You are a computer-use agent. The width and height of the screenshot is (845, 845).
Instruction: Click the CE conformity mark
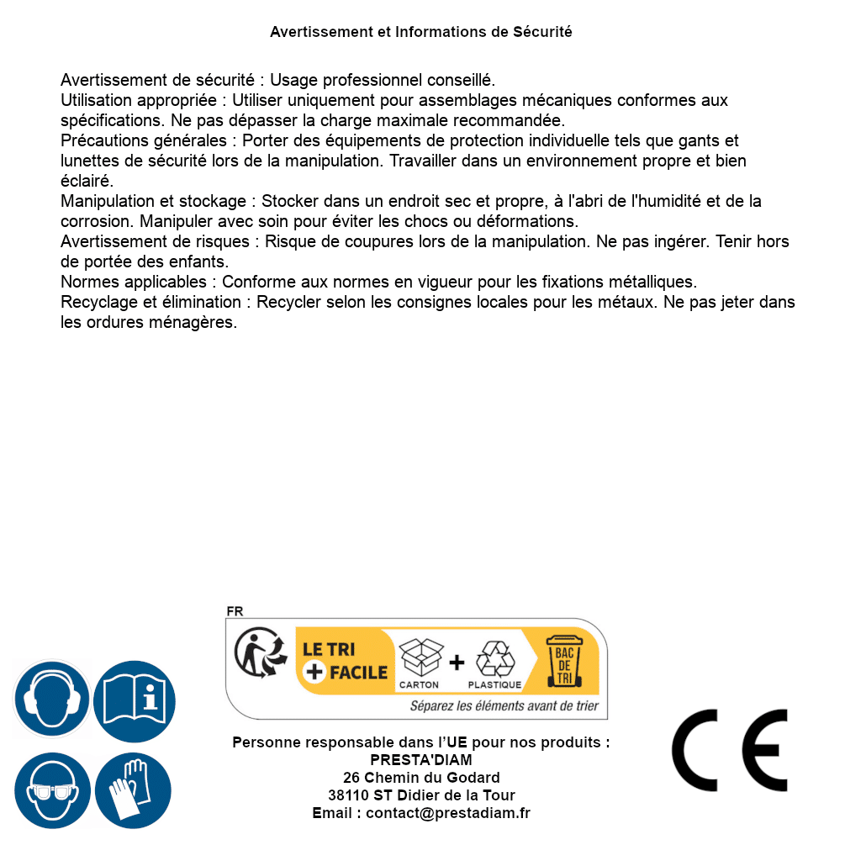[730, 750]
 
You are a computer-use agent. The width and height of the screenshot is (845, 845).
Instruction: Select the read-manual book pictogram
[135, 700]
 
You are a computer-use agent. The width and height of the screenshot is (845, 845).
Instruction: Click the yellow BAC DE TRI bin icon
[564, 661]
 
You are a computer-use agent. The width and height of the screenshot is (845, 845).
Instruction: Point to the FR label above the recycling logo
[235, 611]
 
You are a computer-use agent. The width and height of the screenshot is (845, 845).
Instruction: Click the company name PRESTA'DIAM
[421, 760]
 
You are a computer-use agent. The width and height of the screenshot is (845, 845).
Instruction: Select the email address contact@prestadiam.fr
[448, 813]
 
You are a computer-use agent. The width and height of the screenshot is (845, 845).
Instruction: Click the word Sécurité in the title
[543, 32]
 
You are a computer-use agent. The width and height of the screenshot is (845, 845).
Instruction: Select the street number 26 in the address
[351, 778]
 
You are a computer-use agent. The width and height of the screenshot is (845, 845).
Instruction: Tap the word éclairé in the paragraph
[87, 181]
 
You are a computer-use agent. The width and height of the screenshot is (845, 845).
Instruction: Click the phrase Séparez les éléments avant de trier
[504, 705]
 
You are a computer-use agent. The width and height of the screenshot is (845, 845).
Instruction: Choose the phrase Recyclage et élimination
[153, 302]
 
